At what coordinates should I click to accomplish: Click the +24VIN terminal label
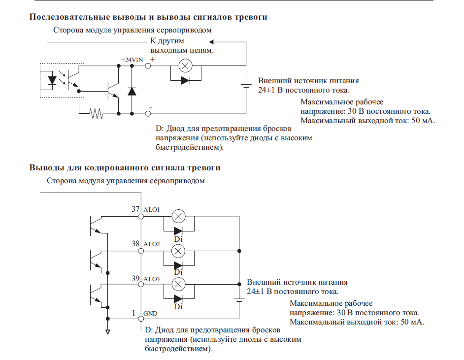(x=131, y=60)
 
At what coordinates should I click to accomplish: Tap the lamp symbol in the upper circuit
(x=185, y=65)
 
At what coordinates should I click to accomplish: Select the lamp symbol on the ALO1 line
(x=178, y=216)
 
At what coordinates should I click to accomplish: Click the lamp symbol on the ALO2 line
(x=178, y=251)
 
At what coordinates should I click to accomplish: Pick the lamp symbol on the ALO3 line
(x=178, y=284)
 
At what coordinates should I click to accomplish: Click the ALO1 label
(x=151, y=209)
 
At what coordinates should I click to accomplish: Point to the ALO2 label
(x=151, y=244)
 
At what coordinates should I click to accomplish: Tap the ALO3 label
(x=151, y=279)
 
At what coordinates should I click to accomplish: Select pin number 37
(x=135, y=209)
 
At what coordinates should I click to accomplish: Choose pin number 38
(x=135, y=244)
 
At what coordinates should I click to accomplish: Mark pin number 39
(x=135, y=279)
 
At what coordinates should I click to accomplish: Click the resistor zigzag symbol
(x=97, y=114)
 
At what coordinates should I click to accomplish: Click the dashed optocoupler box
(x=62, y=80)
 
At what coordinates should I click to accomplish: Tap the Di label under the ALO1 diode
(x=178, y=239)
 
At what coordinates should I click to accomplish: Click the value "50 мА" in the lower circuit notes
(x=410, y=323)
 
